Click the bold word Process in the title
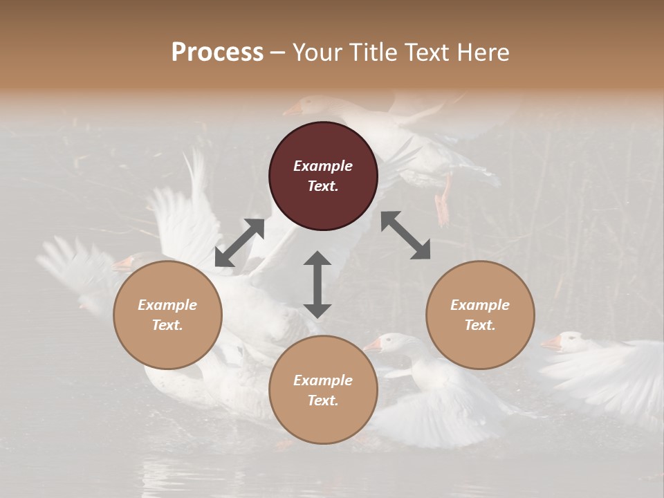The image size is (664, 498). coord(217,53)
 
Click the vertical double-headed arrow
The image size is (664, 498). coord(317,284)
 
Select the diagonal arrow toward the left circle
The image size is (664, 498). coord(239,243)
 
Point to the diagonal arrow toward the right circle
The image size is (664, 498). coord(405,236)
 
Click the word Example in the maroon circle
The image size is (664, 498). coord(323,166)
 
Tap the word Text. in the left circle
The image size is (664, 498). coord(167,325)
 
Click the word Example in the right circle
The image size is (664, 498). coord(480,305)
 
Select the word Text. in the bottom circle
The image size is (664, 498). coord(323,400)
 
